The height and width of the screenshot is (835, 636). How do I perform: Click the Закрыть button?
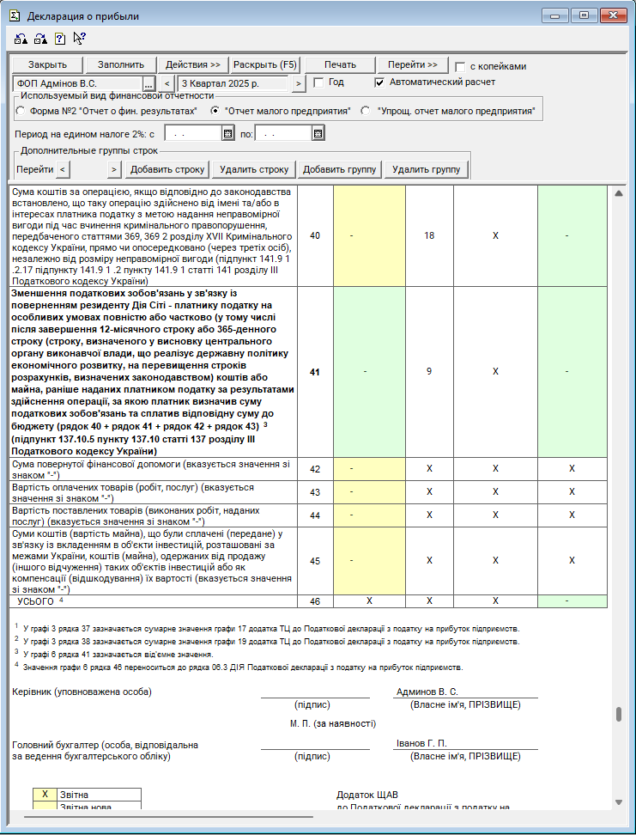pyautogui.click(x=48, y=65)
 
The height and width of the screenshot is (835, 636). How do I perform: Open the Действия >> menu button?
pyautogui.click(x=193, y=65)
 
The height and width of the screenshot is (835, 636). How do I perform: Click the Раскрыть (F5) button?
pyautogui.click(x=265, y=65)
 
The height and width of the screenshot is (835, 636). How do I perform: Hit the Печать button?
pyautogui.click(x=340, y=65)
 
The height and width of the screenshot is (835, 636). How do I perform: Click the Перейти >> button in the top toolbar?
pyautogui.click(x=412, y=65)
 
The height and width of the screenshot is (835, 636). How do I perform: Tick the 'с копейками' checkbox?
pyautogui.click(x=460, y=67)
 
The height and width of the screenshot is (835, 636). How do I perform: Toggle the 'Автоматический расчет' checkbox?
pyautogui.click(x=380, y=82)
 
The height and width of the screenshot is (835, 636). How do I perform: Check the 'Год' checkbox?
pyautogui.click(x=318, y=82)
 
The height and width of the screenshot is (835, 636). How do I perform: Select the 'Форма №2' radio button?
pyautogui.click(x=21, y=111)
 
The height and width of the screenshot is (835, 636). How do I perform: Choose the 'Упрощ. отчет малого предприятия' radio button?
pyautogui.click(x=366, y=111)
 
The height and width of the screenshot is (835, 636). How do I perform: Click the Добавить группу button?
pyautogui.click(x=339, y=169)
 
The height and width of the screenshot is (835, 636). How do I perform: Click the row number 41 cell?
pyautogui.click(x=314, y=371)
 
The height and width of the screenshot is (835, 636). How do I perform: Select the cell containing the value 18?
pyautogui.click(x=429, y=235)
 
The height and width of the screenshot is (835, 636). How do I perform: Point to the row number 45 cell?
pyautogui.click(x=314, y=560)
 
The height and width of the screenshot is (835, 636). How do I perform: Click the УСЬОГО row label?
pyautogui.click(x=36, y=601)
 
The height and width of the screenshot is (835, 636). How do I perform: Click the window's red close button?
pyautogui.click(x=610, y=15)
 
